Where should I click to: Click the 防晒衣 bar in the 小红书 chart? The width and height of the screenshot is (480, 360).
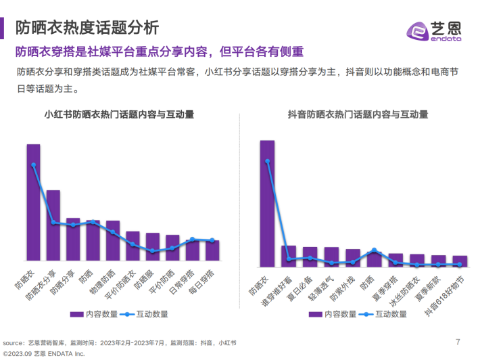click(33, 202)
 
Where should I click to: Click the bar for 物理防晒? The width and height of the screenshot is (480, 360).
click(113, 240)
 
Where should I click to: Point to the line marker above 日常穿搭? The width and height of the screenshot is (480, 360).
click(192, 240)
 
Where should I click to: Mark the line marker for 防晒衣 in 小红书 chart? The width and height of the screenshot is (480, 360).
click(33, 164)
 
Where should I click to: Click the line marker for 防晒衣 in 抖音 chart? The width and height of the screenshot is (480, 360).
click(267, 161)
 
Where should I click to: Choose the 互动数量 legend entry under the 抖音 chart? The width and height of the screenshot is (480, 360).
click(384, 314)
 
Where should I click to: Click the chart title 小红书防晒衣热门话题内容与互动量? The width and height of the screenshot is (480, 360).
click(118, 114)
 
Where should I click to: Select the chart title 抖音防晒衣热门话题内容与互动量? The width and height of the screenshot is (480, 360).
click(357, 114)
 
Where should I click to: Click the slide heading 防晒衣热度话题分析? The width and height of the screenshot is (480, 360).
click(88, 28)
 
